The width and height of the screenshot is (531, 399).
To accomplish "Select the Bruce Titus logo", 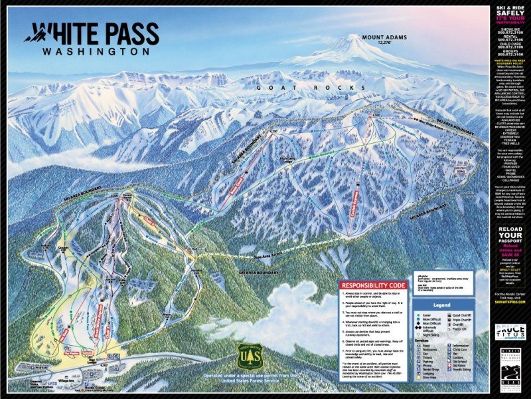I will pos(512,332).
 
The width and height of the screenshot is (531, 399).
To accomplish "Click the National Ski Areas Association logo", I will pos(512,363).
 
